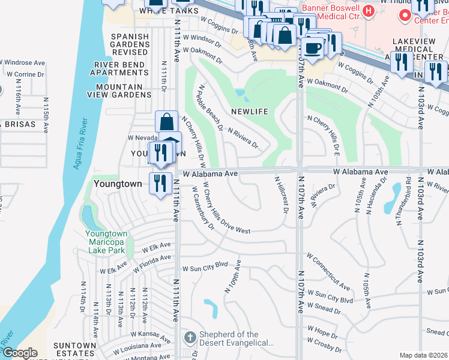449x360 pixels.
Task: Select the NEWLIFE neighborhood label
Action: (249, 112)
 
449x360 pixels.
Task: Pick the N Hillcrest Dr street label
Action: (280, 193)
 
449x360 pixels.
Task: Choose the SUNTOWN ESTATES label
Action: (74, 349)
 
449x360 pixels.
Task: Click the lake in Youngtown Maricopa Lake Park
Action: (89, 214)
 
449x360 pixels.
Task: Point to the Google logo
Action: (20, 353)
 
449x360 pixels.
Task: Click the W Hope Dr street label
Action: (322, 329)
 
